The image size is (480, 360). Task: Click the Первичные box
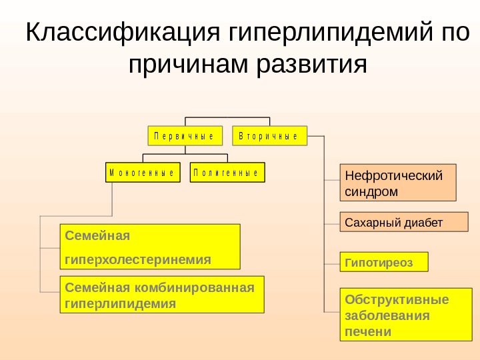pyautogui.click(x=184, y=135)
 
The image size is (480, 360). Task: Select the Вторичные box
pyautogui.click(x=269, y=135)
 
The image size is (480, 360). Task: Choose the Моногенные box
pyautogui.click(x=142, y=172)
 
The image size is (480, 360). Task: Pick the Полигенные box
pyautogui.click(x=227, y=172)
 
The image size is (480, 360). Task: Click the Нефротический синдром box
pyautogui.click(x=399, y=183)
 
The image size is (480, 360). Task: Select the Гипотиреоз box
pyautogui.click(x=384, y=262)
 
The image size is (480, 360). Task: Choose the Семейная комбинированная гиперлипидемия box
pyautogui.click(x=162, y=294)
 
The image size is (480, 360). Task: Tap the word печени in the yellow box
pyautogui.click(x=368, y=331)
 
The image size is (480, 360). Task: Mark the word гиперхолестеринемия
pyautogui.click(x=138, y=258)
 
